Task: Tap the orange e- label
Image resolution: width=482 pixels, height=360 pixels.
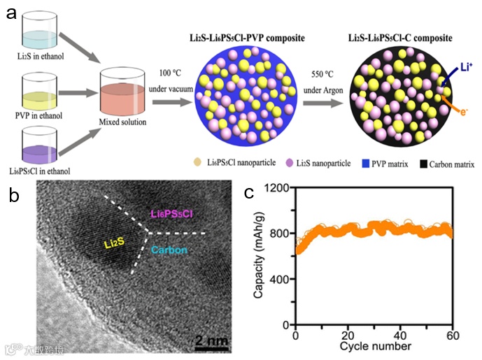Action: pos(465,109)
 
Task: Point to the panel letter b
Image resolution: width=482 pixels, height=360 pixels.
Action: pos(13,196)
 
